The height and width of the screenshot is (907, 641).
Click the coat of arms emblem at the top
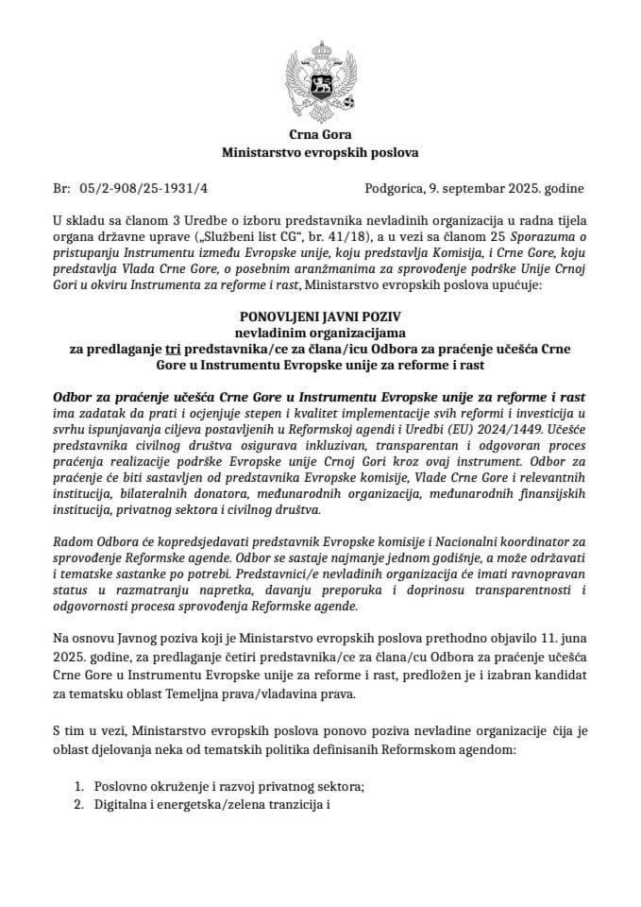320,78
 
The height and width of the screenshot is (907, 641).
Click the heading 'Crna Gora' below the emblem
320,134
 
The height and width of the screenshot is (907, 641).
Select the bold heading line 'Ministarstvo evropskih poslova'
320,151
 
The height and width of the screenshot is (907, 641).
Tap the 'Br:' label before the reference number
63,188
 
